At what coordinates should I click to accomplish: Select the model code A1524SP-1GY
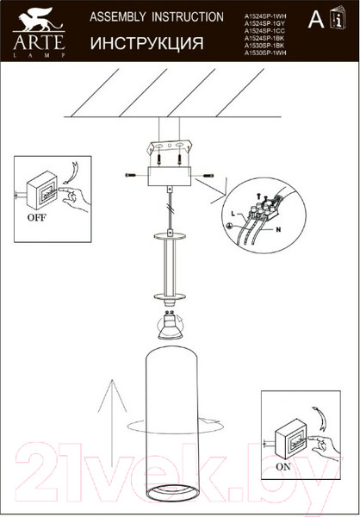point(264,24)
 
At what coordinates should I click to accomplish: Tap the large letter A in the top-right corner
point(315,21)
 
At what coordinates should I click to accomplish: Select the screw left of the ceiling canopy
point(131,175)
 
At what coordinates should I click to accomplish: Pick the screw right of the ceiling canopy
point(208,175)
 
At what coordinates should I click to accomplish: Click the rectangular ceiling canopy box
point(170,176)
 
